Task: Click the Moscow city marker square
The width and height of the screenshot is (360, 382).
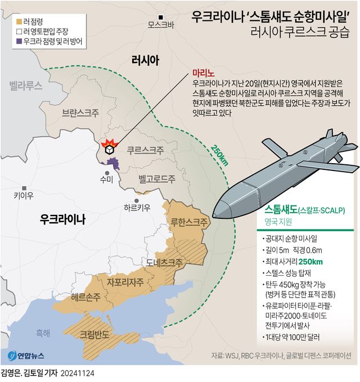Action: click(161, 16)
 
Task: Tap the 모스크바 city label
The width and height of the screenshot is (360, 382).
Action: click(161, 25)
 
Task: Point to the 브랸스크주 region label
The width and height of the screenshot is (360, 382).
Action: click(81, 113)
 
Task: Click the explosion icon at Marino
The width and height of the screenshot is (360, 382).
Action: click(109, 147)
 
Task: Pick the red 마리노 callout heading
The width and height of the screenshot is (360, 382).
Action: click(202, 73)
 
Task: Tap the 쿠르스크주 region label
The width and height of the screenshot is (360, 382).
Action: click(145, 151)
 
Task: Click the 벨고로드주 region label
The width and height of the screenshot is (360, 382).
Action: click(156, 179)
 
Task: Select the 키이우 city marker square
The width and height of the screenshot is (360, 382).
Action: click(24, 188)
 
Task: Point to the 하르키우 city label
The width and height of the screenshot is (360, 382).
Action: click(137, 208)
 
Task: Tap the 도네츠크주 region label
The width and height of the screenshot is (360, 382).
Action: click(164, 262)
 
